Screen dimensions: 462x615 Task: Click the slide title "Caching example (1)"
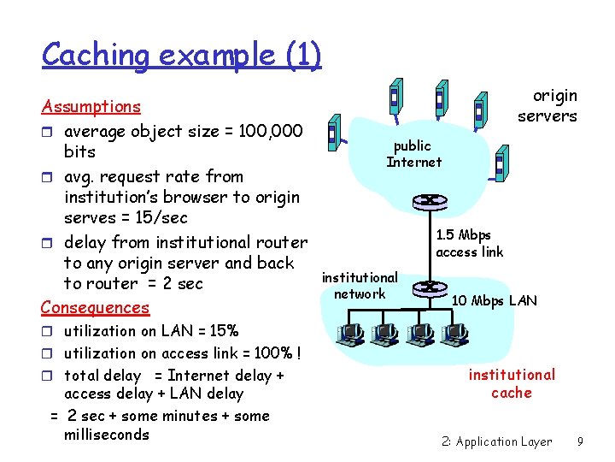point(181,55)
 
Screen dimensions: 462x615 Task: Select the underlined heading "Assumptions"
point(91,107)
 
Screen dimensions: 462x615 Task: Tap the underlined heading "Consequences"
point(96,307)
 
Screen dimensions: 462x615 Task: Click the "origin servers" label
point(547,106)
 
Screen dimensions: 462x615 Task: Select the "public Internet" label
point(414,154)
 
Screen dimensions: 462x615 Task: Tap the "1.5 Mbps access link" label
point(469,243)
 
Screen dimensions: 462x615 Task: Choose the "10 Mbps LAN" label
point(494,300)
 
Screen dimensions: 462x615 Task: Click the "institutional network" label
point(360,286)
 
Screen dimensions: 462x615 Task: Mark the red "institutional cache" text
point(512,383)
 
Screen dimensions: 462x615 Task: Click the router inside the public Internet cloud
point(424,201)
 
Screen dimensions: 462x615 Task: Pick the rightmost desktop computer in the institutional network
point(454,334)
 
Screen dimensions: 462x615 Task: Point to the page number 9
point(580,441)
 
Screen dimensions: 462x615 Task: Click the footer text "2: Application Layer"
point(497,441)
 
